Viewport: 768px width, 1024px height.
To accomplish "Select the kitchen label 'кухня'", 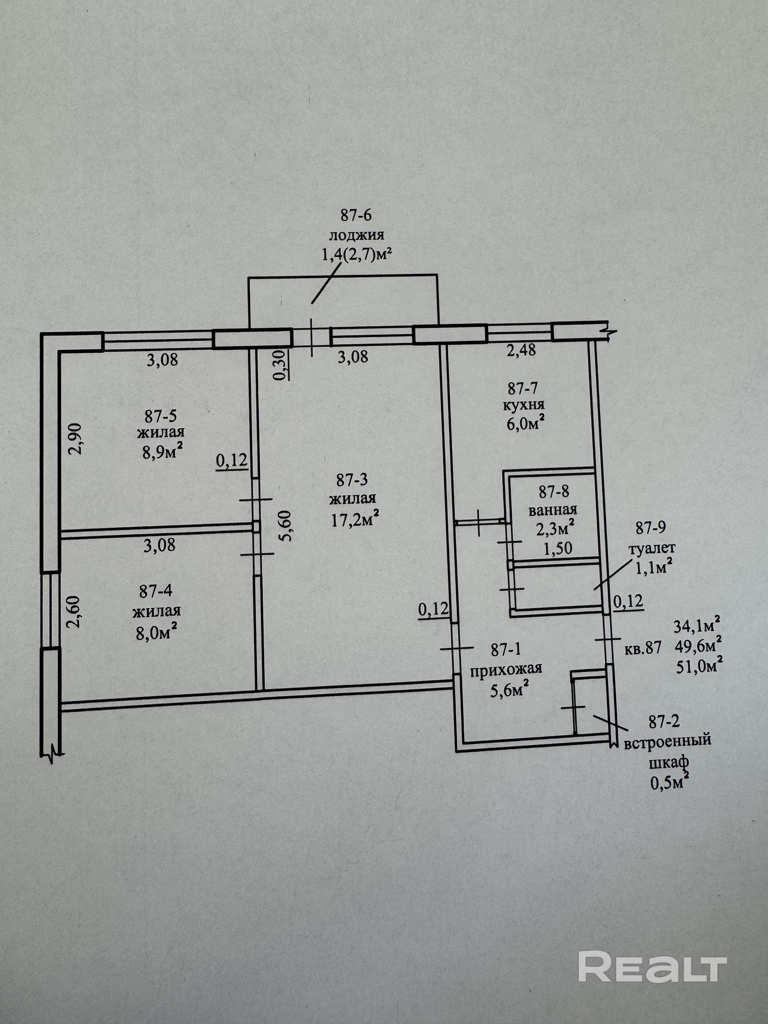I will click(x=524, y=404).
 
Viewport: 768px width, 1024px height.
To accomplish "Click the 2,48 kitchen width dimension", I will click(x=521, y=350).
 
